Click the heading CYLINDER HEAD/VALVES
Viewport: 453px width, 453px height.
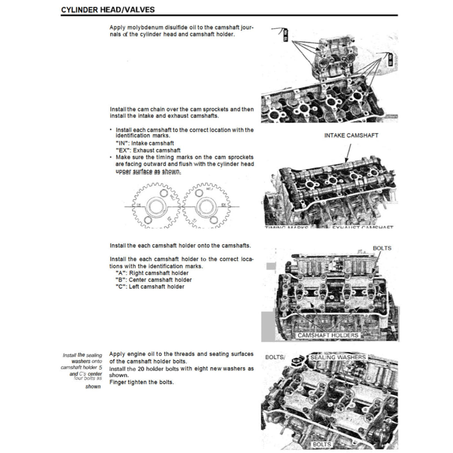107,10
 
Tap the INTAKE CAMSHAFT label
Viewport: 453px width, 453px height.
351,135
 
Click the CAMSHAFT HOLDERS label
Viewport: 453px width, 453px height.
327,335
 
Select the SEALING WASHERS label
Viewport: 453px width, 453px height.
338,357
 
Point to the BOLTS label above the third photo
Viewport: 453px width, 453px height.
382,248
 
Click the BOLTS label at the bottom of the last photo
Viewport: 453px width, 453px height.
321,444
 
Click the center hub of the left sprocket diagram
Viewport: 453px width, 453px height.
156,207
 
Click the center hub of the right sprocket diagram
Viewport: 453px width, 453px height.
204,207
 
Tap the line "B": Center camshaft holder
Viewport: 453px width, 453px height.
153,280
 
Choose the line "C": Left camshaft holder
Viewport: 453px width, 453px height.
150,287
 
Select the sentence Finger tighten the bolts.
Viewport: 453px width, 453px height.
141,382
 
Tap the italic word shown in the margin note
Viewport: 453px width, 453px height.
93,387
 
